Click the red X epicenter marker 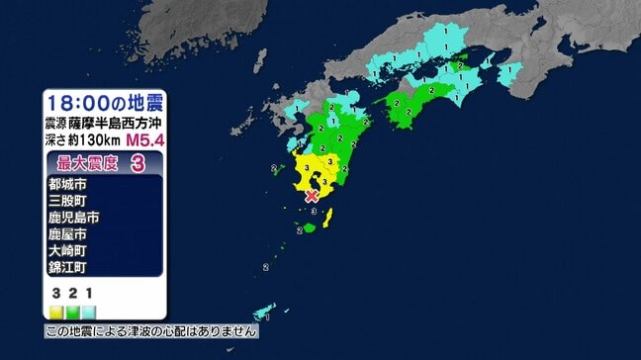coord(313,197)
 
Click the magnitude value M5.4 coord(145,142)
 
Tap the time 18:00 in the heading coord(76,102)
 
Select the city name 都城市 coord(66,184)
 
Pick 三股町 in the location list coord(66,201)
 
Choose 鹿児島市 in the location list coord(73,218)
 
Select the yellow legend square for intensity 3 coord(57,309)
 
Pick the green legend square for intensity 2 coord(73,309)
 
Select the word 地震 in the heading coord(144,102)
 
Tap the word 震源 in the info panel coord(56,124)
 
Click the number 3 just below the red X coord(314,211)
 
